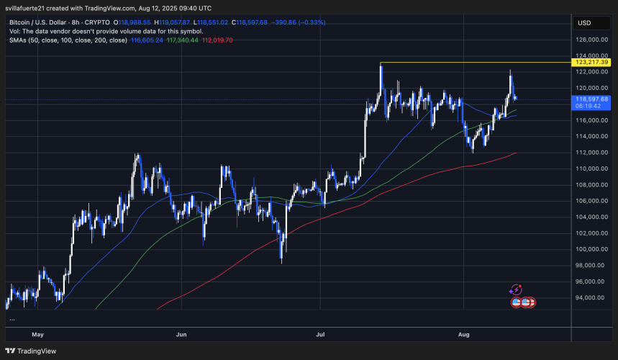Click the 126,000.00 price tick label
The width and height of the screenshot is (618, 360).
tap(589, 40)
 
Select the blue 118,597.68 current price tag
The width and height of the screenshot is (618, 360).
tap(591, 99)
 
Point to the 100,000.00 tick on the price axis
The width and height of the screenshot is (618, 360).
tap(589, 249)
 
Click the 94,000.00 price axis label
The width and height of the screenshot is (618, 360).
tap(589, 297)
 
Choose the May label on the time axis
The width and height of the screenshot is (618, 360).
tap(37, 334)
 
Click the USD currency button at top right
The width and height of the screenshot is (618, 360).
tap(583, 22)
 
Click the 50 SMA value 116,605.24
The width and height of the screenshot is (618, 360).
tap(147, 40)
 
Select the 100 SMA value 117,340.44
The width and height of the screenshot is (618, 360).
tap(183, 40)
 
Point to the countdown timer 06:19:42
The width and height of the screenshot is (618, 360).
tap(589, 106)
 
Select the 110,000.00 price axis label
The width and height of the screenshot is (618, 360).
tap(589, 168)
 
